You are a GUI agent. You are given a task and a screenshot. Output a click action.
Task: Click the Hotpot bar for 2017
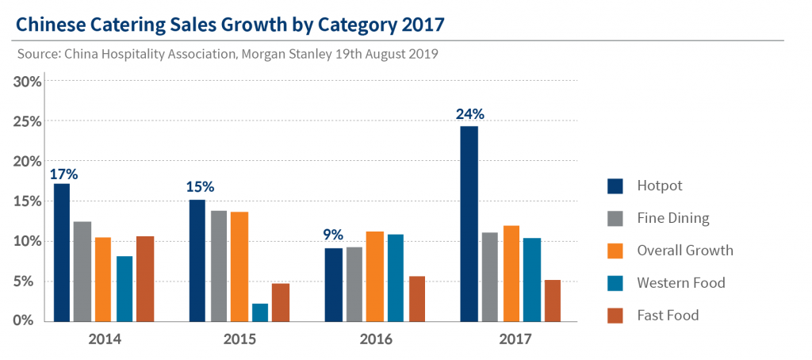[468, 224]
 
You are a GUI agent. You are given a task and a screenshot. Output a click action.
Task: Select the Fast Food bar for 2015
[280, 302]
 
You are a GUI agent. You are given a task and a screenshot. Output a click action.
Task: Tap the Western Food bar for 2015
[260, 312]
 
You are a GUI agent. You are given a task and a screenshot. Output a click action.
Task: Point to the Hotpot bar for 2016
[335, 285]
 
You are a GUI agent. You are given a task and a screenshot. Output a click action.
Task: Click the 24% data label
[469, 113]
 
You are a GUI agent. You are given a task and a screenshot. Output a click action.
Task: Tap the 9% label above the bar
[333, 235]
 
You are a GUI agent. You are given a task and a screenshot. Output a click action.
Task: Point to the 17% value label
[63, 174]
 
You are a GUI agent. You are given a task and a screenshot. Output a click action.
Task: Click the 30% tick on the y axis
[27, 82]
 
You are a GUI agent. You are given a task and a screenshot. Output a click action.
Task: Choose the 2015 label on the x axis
[240, 339]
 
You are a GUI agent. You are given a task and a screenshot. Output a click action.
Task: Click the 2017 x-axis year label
[516, 339]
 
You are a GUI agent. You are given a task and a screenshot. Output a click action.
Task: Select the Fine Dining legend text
[673, 218]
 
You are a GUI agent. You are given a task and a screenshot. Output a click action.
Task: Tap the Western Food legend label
[680, 283]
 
